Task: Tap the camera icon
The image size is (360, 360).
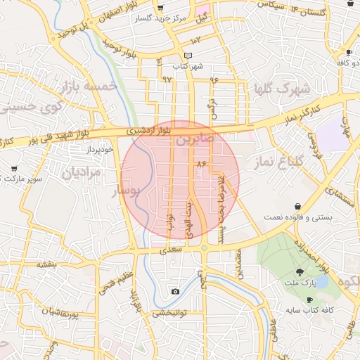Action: tap(174, 291)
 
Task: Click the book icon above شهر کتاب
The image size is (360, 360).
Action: tap(187, 56)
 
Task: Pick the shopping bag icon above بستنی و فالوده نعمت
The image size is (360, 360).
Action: tap(299, 206)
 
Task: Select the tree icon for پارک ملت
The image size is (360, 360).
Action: tap(300, 272)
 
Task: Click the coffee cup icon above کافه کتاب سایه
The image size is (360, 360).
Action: tap(310, 300)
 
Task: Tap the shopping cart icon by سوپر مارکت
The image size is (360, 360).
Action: tap(14, 169)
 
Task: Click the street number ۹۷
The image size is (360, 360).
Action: tap(167, 79)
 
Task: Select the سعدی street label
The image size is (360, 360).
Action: tap(172, 250)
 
